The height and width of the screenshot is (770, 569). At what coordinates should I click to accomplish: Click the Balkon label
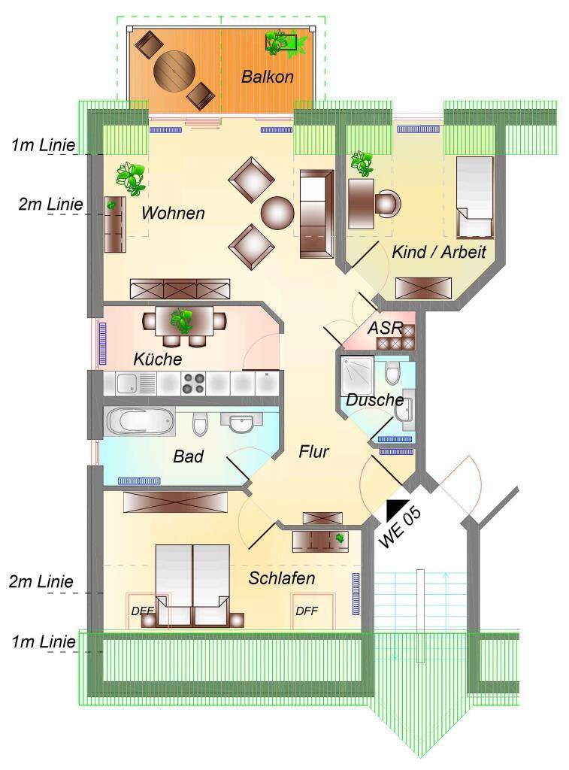(268, 77)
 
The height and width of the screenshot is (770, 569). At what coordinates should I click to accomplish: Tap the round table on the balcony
(174, 71)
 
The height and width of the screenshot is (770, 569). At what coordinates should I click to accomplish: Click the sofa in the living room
(316, 214)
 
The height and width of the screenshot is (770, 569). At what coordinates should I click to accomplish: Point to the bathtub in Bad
(139, 421)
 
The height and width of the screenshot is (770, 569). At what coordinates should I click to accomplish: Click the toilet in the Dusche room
(393, 373)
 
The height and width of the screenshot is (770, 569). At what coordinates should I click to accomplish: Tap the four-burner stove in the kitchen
(193, 383)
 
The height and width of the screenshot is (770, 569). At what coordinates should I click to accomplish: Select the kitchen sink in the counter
(136, 383)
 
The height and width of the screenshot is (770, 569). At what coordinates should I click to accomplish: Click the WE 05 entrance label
(400, 527)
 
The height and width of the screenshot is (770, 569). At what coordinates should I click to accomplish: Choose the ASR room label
(385, 328)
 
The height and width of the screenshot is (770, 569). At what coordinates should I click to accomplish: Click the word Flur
(313, 451)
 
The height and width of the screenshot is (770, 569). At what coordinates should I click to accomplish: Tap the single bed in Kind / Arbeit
(475, 198)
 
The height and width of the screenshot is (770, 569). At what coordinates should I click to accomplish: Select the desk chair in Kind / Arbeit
(388, 203)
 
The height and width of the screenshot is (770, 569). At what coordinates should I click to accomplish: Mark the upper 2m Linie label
(50, 204)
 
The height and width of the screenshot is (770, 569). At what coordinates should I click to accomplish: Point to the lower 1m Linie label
(44, 641)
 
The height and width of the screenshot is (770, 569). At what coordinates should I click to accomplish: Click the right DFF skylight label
(307, 611)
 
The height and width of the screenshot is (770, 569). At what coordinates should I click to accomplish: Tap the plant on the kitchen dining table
(183, 320)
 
